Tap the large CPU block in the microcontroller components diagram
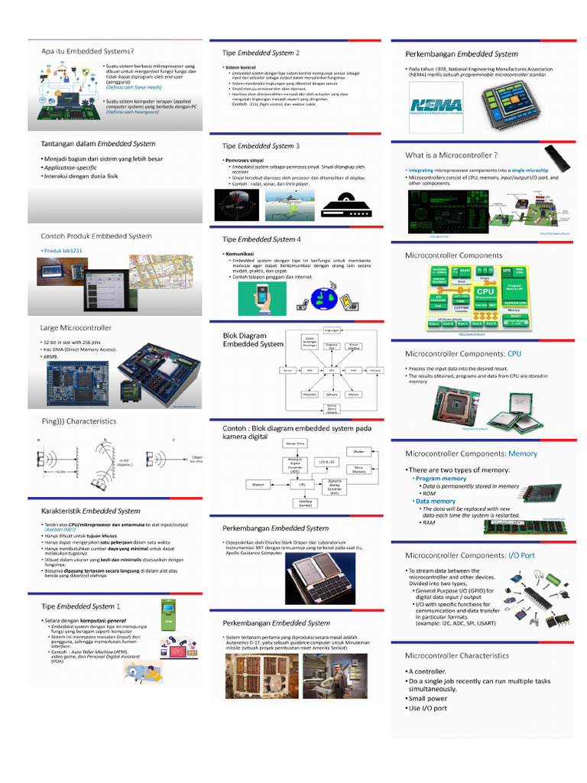[485, 291]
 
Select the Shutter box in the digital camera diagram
[358, 451]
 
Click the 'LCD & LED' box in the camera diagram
[327, 462]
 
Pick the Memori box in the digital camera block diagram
[257, 485]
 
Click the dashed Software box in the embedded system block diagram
[332, 395]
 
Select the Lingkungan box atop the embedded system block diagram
[332, 330]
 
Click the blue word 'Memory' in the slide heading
[523, 453]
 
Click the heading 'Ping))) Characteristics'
[78, 421]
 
